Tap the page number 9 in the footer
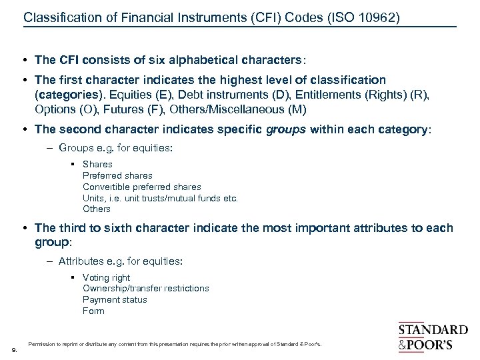(14, 349)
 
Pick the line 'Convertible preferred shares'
(141, 187)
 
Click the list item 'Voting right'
(106, 277)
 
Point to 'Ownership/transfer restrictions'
(145, 289)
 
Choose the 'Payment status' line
(115, 300)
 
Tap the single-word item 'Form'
(93, 311)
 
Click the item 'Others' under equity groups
(97, 209)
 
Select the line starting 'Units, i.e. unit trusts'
(160, 198)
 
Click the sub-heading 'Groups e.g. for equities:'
(115, 148)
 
